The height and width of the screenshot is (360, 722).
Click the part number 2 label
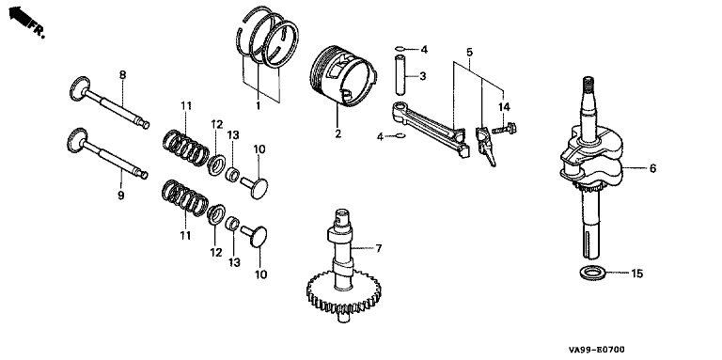tap(338, 134)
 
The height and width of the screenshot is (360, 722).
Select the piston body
tap(344, 76)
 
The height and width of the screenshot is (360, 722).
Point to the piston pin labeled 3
tap(400, 72)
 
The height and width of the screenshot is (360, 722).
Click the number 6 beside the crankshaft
tap(652, 168)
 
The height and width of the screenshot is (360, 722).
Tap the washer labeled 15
tap(592, 273)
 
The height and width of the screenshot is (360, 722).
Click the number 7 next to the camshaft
tap(379, 248)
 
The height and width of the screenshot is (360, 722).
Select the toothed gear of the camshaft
tap(343, 292)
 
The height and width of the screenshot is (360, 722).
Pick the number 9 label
tap(120, 196)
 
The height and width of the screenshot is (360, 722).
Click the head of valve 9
tap(77, 140)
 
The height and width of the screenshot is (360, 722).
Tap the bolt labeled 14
tap(504, 128)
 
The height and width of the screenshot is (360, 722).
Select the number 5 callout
tap(469, 52)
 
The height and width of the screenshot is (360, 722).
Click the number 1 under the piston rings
tap(258, 106)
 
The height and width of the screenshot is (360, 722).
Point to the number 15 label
tap(636, 274)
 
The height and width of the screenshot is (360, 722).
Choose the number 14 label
tap(504, 107)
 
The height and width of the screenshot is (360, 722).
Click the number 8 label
tap(122, 75)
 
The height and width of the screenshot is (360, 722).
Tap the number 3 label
tap(422, 76)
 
